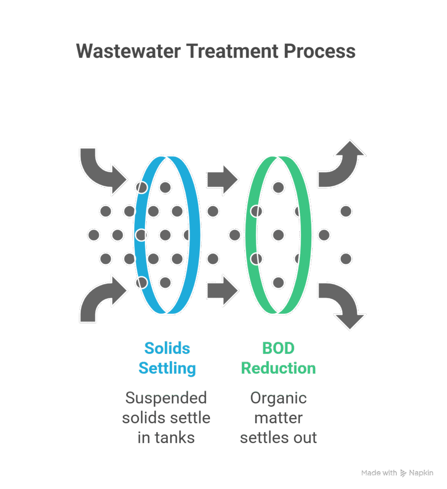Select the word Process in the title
tap(322, 51)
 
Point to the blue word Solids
tap(167, 348)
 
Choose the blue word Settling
tap(167, 369)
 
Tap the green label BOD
tap(278, 348)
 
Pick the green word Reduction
tap(278, 369)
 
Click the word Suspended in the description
tap(166, 397)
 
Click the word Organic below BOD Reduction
tap(278, 397)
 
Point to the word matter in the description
tap(278, 418)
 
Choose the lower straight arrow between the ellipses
tap(223, 290)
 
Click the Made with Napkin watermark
tap(397, 473)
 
